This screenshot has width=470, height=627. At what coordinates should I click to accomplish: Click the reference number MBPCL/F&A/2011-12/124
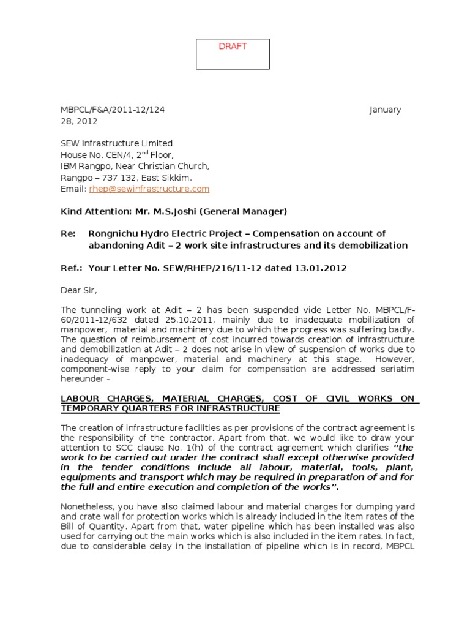[x=113, y=110]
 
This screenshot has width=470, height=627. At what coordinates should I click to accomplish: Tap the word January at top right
[x=385, y=110]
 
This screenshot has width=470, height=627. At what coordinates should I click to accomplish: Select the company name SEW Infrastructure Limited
[x=116, y=143]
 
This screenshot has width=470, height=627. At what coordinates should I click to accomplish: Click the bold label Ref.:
[x=71, y=267]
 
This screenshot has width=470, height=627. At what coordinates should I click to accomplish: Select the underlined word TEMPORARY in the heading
[x=89, y=408]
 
